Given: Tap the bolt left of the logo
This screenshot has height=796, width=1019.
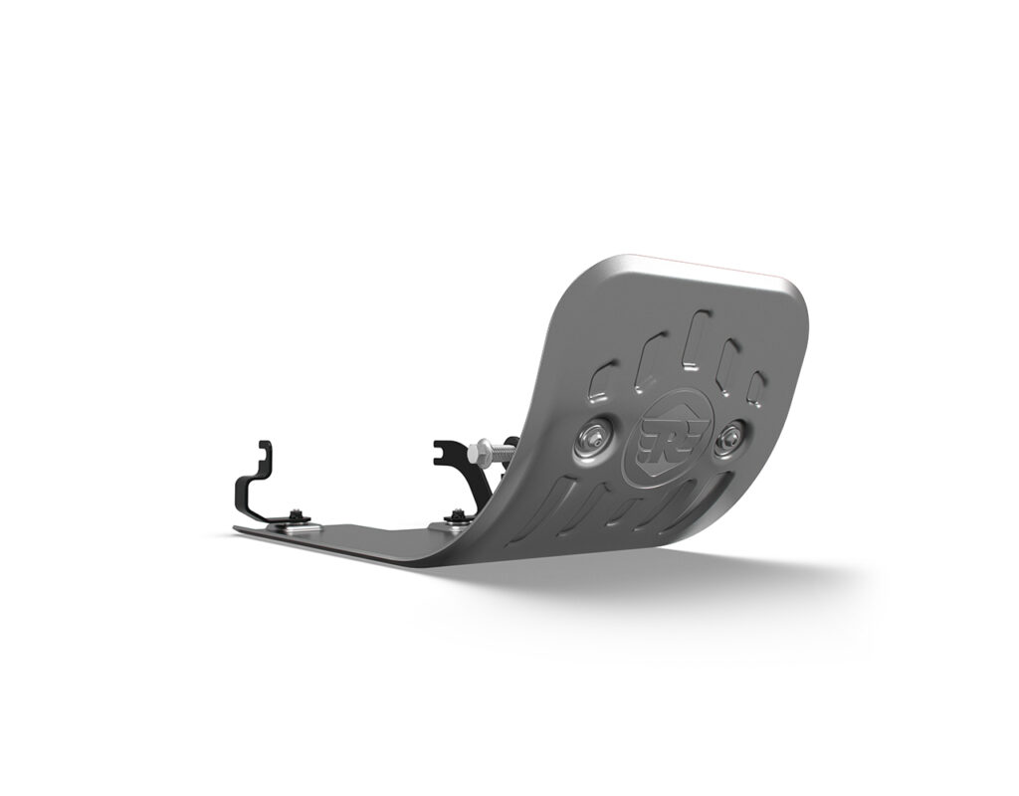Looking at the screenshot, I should (x=590, y=438).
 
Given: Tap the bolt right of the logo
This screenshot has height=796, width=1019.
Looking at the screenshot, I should (x=734, y=435).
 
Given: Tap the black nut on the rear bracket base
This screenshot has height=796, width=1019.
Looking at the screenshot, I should (x=297, y=514).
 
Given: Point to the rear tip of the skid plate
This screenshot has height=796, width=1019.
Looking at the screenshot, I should (x=239, y=529).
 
